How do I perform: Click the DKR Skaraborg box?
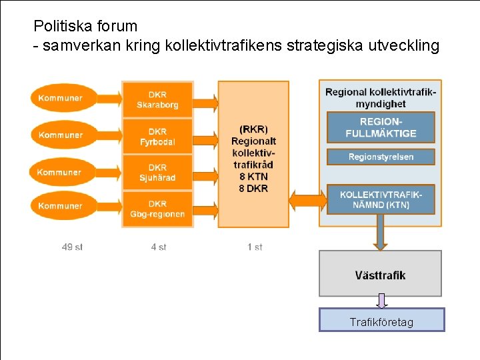[157, 99]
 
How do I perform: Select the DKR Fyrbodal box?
[157, 137]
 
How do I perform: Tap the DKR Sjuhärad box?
[157, 173]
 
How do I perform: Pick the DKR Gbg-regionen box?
[157, 209]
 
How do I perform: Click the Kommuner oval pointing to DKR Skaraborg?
[61, 98]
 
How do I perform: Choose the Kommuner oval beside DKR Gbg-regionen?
[61, 206]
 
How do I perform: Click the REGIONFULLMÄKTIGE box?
[380, 127]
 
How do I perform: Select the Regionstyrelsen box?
[380, 157]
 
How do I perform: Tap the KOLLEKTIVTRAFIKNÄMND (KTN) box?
[380, 199]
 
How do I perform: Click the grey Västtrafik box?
[380, 274]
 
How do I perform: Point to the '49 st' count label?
[72, 247]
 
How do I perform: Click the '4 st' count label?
[159, 247]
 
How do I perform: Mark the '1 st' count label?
[255, 247]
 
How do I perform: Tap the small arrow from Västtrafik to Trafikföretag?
[381, 302]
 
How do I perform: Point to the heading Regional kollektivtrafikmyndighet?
[380, 97]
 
